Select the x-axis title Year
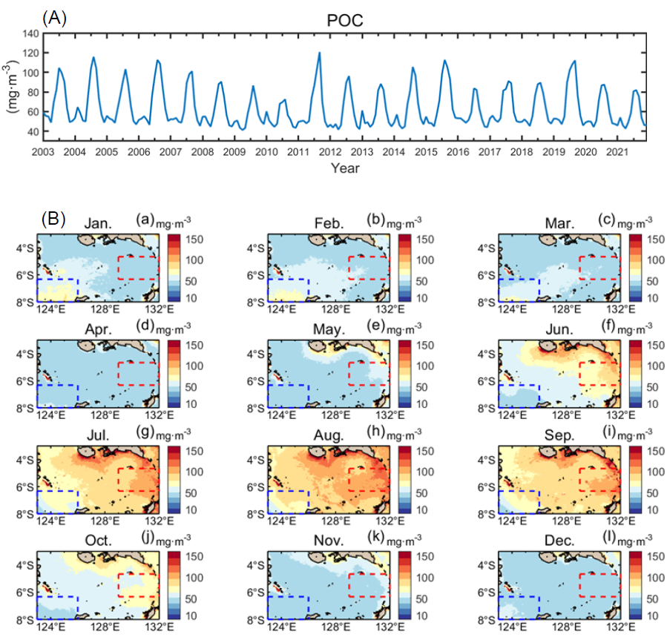[x=345, y=168]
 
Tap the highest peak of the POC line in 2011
[x=319, y=53]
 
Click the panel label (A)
[x=55, y=18]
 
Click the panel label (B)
[x=54, y=219]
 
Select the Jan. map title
[x=99, y=223]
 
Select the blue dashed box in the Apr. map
[x=56, y=396]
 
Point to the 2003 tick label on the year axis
[x=43, y=151]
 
